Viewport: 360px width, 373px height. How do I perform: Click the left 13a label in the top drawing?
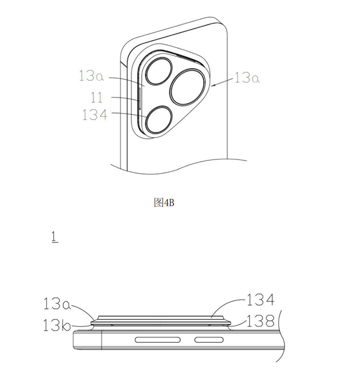click(91, 76)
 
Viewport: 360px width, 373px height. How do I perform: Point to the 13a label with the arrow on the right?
click(247, 78)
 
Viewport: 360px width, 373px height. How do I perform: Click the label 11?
click(96, 97)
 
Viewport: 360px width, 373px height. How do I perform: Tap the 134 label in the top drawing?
click(95, 115)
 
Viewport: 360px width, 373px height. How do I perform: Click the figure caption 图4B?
click(164, 203)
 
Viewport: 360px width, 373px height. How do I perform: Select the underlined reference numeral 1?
click(55, 238)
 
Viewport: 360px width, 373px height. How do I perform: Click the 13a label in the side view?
click(57, 304)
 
